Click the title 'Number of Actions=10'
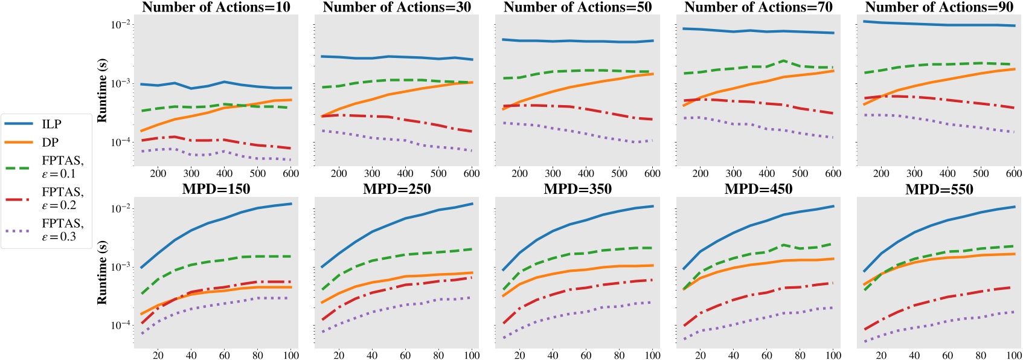pyautogui.click(x=216, y=7)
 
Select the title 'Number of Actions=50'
pyautogui.click(x=577, y=7)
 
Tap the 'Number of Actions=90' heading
pyautogui.click(x=939, y=7)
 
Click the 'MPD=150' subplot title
pyautogui.click(x=216, y=189)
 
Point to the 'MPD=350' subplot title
pyautogui.click(x=577, y=189)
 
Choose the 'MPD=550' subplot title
pyautogui.click(x=939, y=189)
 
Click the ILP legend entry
pyautogui.click(x=51, y=124)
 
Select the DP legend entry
pyautogui.click(x=50, y=143)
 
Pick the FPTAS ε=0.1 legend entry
pyautogui.click(x=62, y=167)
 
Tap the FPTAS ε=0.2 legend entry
pyautogui.click(x=62, y=199)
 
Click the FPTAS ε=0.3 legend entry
pyautogui.click(x=62, y=230)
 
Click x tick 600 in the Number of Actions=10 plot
pyautogui.click(x=290, y=173)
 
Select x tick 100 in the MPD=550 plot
pyautogui.click(x=1014, y=355)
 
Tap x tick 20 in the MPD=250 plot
pyautogui.click(x=338, y=355)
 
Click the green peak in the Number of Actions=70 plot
pyautogui.click(x=783, y=60)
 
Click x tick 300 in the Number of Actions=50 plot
pyautogui.click(x=553, y=173)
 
